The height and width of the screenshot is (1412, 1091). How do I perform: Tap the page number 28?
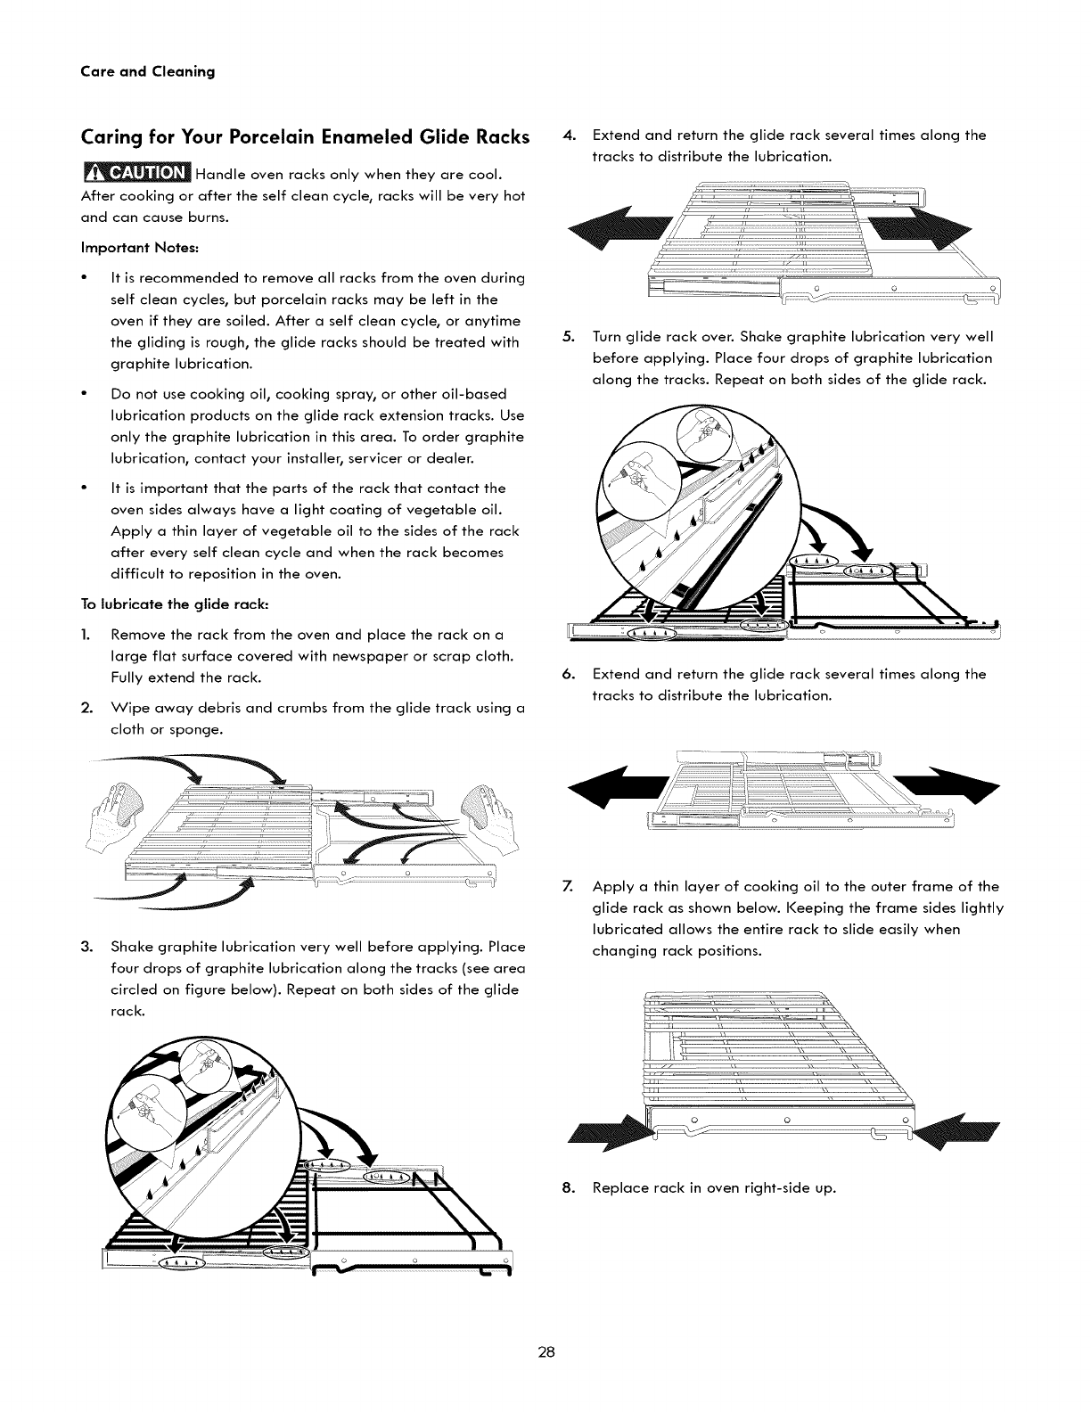(x=545, y=1352)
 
